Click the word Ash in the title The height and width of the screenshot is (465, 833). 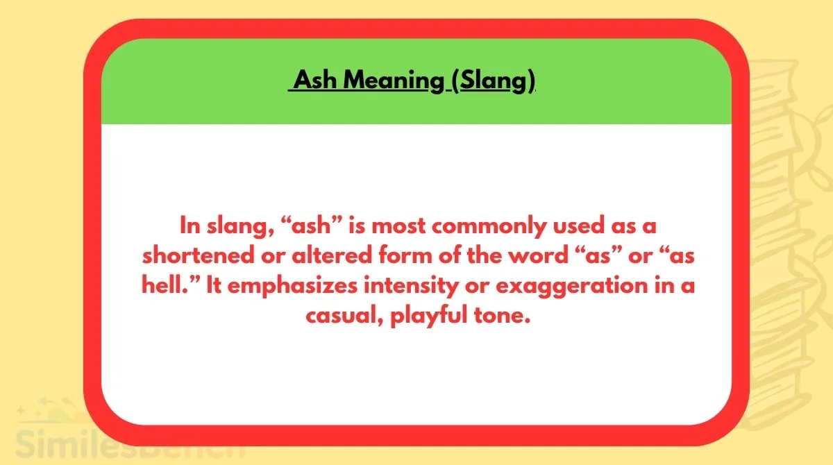pyautogui.click(x=316, y=81)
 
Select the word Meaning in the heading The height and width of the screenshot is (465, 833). pyautogui.click(x=393, y=81)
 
